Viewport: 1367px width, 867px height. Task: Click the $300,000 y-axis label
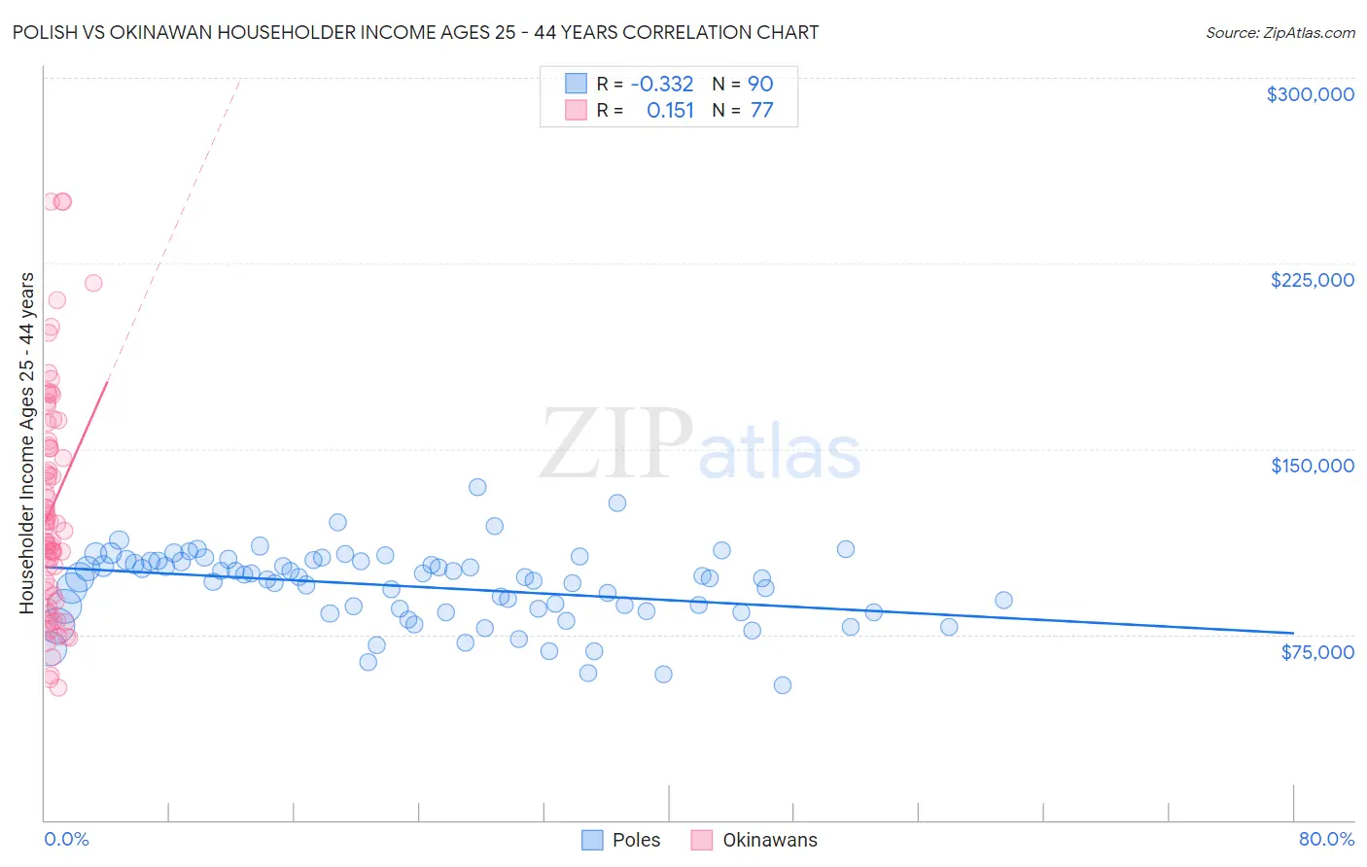click(x=1310, y=94)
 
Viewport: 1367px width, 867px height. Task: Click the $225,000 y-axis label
click(x=1312, y=280)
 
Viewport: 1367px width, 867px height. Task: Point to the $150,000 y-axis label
click(x=1312, y=466)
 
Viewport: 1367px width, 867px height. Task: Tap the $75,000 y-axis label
click(x=1316, y=651)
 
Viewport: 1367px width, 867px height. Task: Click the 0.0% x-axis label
click(x=66, y=839)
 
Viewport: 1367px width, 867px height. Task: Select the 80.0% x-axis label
click(x=1326, y=839)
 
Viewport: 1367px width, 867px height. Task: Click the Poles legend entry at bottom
click(x=636, y=840)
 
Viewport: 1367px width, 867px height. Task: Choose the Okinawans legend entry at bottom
click(x=769, y=840)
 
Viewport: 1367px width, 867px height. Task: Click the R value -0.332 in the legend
click(x=661, y=85)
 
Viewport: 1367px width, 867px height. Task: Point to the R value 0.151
click(x=670, y=111)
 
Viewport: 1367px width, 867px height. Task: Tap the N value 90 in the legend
click(x=760, y=85)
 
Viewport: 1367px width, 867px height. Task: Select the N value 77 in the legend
click(x=761, y=111)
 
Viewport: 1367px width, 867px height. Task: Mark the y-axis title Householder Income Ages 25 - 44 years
click(x=27, y=443)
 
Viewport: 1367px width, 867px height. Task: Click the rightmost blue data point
click(x=1003, y=601)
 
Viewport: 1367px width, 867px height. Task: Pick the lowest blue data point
click(x=782, y=685)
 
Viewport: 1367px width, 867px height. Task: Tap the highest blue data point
click(x=477, y=487)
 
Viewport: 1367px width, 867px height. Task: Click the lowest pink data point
click(x=58, y=687)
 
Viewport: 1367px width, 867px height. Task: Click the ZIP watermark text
click(x=615, y=444)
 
